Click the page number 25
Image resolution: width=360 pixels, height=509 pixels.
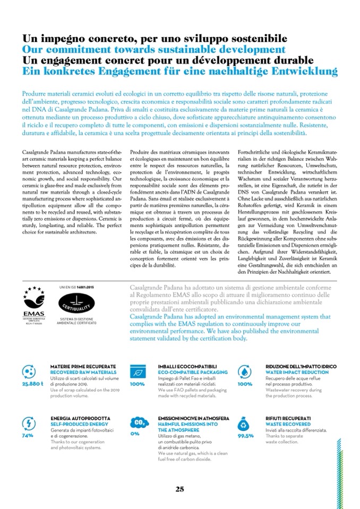click(179, 489)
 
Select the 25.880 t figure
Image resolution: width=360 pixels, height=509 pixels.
click(32, 384)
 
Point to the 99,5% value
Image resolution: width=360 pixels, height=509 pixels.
click(245, 435)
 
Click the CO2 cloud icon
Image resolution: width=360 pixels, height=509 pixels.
click(138, 422)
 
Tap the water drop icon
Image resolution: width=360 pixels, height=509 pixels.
click(245, 371)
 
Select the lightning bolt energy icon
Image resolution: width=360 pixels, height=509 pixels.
click(28, 423)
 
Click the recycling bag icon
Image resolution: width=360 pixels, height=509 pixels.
click(245, 423)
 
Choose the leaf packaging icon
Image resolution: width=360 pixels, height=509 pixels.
click(137, 371)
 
